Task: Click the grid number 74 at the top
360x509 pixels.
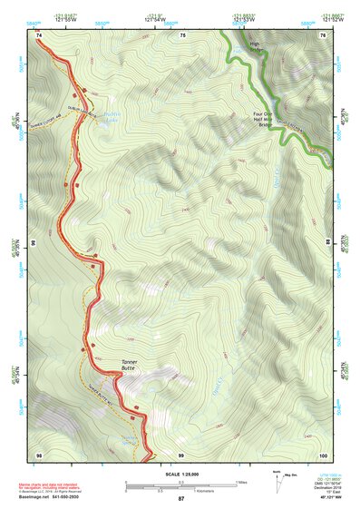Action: click(40, 34)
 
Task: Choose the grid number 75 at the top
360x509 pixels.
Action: click(182, 34)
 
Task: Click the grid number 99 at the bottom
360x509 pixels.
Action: click(180, 454)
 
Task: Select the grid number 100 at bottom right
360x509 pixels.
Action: click(323, 454)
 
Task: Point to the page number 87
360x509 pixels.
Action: click(180, 499)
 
